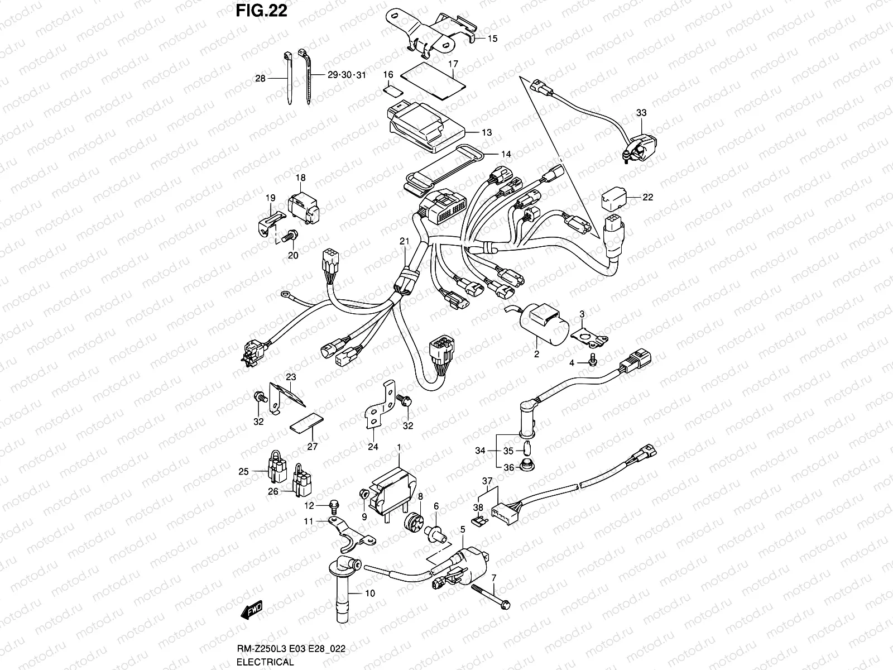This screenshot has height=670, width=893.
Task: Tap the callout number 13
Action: click(487, 132)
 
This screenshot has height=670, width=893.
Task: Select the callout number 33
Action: click(641, 113)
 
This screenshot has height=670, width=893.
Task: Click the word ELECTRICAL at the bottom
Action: click(265, 662)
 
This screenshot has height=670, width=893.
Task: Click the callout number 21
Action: click(404, 241)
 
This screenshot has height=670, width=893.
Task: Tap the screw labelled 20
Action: click(288, 238)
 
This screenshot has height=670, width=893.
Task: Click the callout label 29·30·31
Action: click(346, 75)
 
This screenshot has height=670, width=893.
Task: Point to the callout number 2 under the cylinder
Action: click(536, 353)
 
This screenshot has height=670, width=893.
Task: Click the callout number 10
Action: click(370, 594)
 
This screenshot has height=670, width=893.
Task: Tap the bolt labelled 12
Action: click(334, 506)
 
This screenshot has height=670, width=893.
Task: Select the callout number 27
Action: click(312, 447)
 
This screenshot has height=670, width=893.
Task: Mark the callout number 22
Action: click(647, 197)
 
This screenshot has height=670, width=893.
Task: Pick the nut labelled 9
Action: click(362, 493)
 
